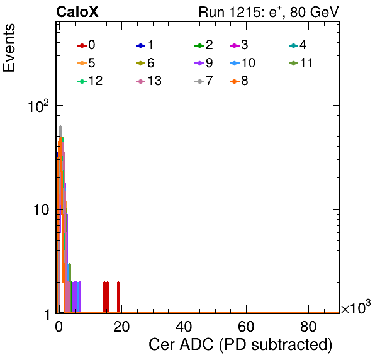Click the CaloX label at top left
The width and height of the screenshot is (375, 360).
click(x=77, y=12)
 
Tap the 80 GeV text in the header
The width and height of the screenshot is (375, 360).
click(x=314, y=12)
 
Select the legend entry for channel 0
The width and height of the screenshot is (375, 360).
click(x=86, y=45)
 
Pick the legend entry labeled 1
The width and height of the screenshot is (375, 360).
click(x=145, y=45)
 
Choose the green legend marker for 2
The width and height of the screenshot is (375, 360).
click(x=199, y=45)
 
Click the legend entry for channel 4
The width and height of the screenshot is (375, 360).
click(x=298, y=45)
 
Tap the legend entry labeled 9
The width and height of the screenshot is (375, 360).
click(x=204, y=63)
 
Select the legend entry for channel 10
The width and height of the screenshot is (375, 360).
click(x=242, y=63)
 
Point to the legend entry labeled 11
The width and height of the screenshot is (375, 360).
click(x=301, y=63)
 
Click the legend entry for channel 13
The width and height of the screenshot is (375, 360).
click(x=148, y=81)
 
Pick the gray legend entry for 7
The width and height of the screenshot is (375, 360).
click(x=204, y=81)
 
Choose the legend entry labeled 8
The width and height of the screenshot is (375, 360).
click(x=238, y=81)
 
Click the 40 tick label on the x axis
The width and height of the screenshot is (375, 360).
click(x=184, y=327)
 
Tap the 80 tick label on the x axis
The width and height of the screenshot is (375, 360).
click(x=308, y=327)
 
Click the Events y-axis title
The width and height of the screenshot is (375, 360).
click(x=9, y=48)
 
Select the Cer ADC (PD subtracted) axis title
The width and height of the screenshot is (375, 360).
click(x=240, y=345)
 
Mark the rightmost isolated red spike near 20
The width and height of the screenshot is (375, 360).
click(x=118, y=297)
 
